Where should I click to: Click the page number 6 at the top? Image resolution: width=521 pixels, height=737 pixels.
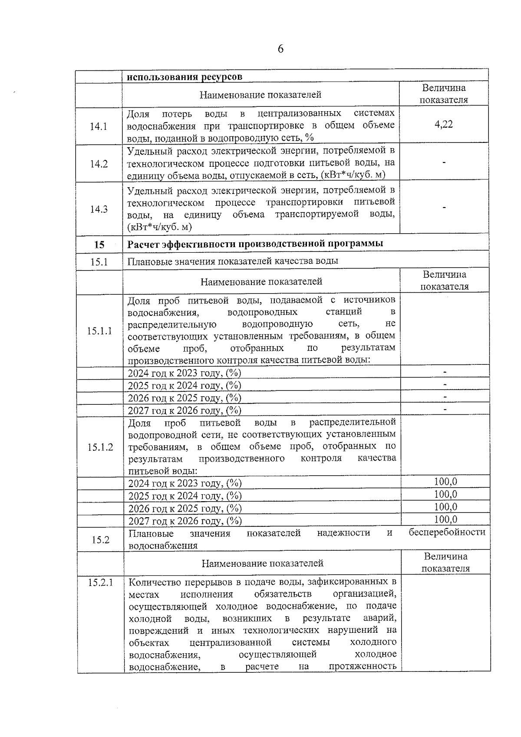(280, 49)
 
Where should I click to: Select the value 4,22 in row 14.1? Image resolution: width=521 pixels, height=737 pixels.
(443, 125)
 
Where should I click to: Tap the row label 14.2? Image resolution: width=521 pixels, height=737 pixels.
(99, 164)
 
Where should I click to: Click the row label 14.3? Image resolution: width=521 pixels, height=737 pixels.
(99, 209)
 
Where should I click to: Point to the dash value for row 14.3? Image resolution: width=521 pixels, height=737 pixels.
(444, 208)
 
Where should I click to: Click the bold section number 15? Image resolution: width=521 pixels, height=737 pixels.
(99, 245)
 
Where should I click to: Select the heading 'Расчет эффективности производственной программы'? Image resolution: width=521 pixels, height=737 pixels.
(255, 244)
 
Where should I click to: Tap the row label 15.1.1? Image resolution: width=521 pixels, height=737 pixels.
(99, 331)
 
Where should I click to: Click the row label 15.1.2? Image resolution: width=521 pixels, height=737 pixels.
(100, 447)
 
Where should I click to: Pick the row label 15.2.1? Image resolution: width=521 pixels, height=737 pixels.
(100, 583)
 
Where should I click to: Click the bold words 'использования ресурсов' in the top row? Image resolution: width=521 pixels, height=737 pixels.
(184, 77)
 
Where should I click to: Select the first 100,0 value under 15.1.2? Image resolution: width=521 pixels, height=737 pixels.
(445, 482)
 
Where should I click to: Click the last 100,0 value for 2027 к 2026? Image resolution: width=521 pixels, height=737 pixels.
(445, 519)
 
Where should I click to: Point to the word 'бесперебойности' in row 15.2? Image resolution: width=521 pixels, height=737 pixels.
(447, 532)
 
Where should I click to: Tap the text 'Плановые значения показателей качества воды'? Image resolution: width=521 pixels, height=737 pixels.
(233, 261)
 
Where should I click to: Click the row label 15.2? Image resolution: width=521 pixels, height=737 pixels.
(100, 540)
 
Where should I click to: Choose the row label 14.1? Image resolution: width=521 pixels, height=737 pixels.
(99, 126)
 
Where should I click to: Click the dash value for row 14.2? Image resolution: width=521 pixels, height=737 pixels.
(444, 163)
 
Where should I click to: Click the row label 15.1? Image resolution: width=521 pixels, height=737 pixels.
(99, 262)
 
